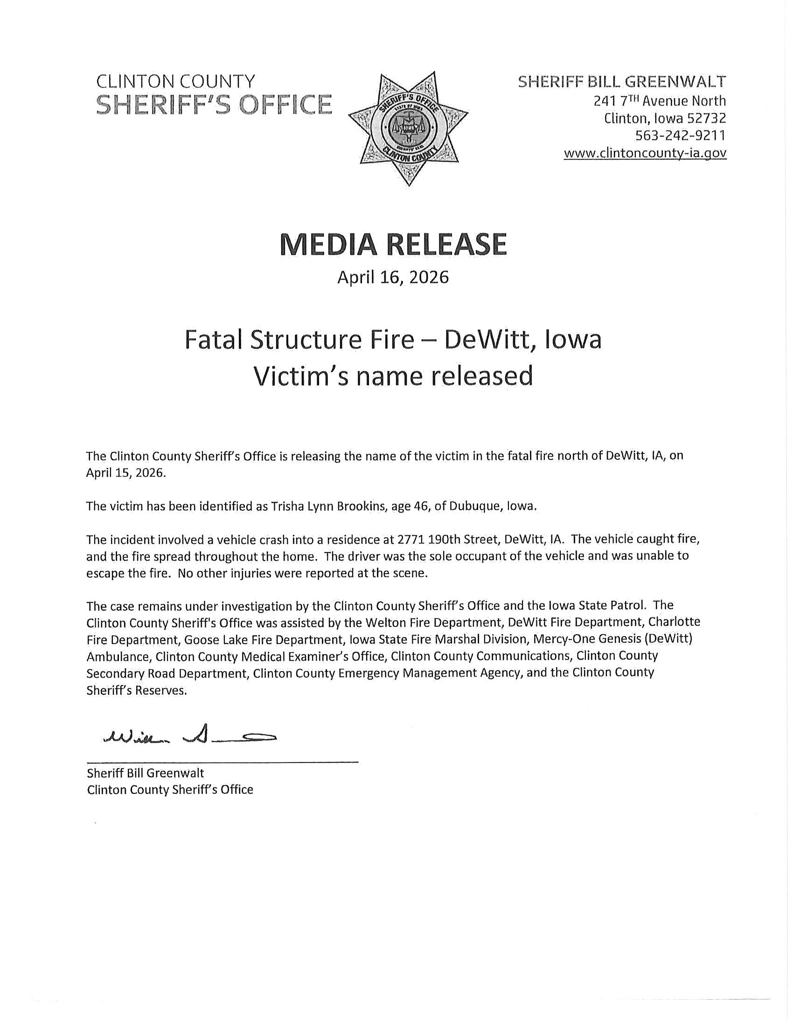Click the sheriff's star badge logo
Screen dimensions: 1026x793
click(408, 128)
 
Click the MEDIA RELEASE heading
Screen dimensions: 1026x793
click(393, 244)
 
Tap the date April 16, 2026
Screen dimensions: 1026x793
click(393, 277)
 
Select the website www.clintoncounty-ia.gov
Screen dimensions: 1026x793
click(645, 153)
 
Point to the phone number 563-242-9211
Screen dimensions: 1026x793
click(680, 135)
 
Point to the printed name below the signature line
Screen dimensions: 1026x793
click(145, 773)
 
